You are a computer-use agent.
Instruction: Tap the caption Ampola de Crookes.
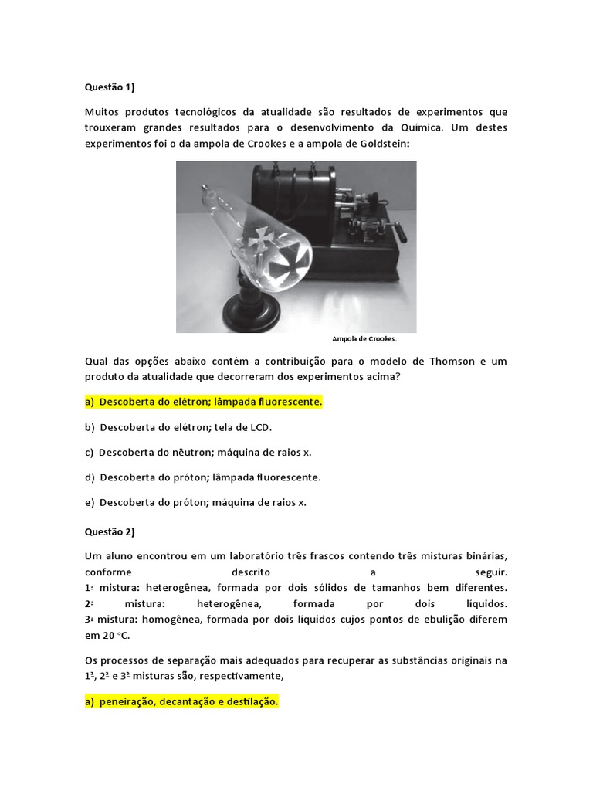(x=364, y=339)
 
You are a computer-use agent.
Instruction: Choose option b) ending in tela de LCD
(x=178, y=427)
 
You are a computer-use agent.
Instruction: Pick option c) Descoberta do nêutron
(x=198, y=452)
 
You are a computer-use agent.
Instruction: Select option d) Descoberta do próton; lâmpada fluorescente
(x=202, y=477)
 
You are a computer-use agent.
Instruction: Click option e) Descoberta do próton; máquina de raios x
(x=195, y=502)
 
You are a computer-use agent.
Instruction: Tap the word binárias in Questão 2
(x=486, y=556)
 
